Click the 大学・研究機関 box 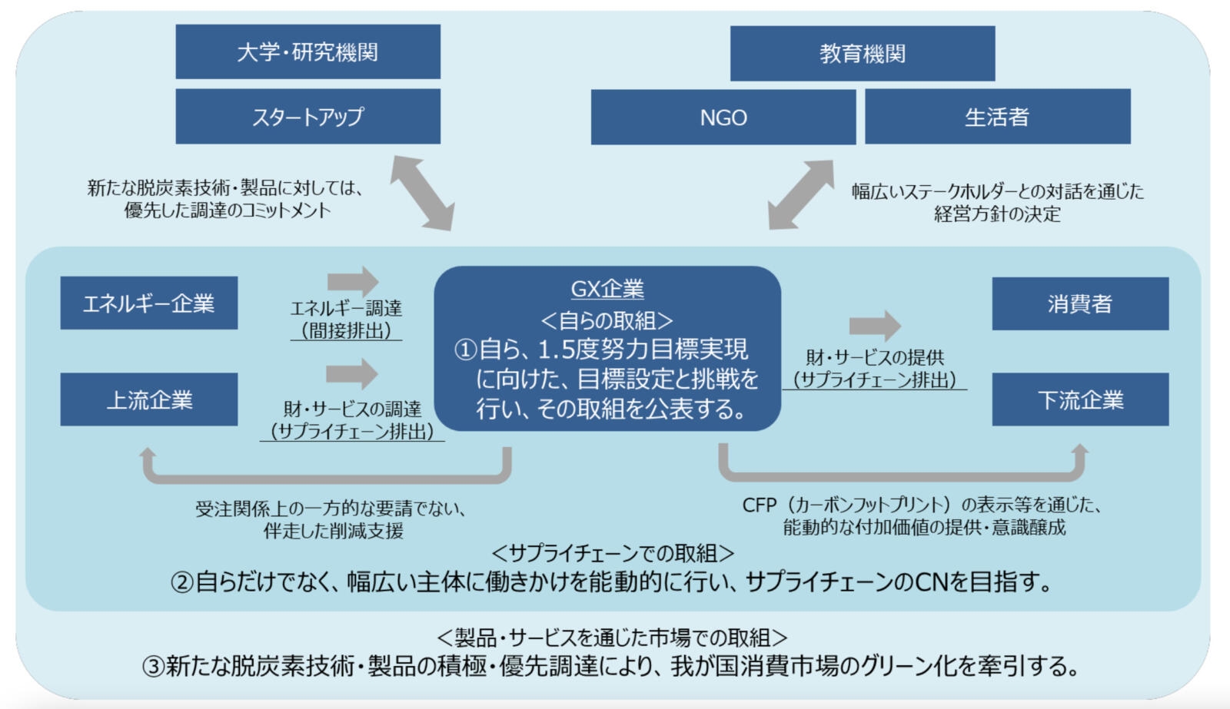[308, 51]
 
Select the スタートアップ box [308, 116]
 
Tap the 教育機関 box [863, 53]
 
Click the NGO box [723, 117]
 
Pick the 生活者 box [998, 116]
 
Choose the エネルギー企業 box [149, 303]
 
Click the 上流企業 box [149, 399]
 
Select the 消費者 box [1080, 303]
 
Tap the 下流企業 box [1080, 399]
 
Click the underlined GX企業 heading [607, 289]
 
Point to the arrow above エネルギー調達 [353, 282]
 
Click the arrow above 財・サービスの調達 [352, 374]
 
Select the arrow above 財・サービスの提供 [875, 326]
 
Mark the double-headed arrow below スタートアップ [423, 193]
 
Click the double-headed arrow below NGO [801, 195]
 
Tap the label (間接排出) [346, 331]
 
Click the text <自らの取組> [607, 320]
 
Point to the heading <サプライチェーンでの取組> [613, 553]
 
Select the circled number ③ [153, 667]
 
